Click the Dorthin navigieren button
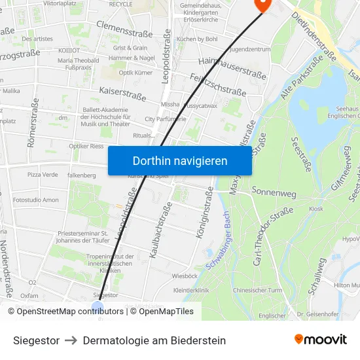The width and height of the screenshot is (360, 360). pyautogui.click(x=180, y=160)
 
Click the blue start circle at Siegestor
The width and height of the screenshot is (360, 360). pyautogui.click(x=98, y=307)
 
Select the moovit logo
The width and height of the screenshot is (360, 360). pyautogui.click(x=320, y=339)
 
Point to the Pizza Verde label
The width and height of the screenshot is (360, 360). pyautogui.click(x=43, y=175)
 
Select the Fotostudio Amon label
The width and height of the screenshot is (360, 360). pyautogui.click(x=35, y=200)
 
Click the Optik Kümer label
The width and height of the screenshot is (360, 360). pyautogui.click(x=135, y=73)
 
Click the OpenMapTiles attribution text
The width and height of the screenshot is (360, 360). pyautogui.click(x=164, y=312)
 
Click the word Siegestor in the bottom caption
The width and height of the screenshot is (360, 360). pyautogui.click(x=36, y=340)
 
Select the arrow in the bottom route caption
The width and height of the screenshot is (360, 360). pyautogui.click(x=71, y=340)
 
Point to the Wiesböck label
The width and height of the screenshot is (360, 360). pyautogui.click(x=185, y=276)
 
